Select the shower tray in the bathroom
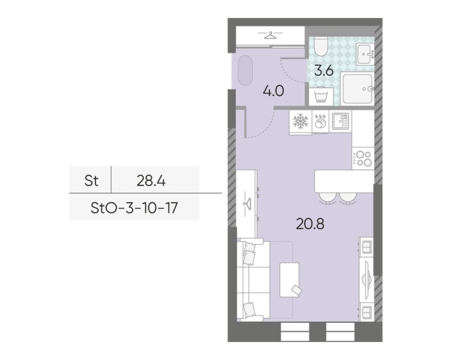(357, 88)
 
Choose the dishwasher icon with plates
(320, 122)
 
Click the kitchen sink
(340, 122)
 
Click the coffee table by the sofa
(290, 280)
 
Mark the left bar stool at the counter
(326, 198)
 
